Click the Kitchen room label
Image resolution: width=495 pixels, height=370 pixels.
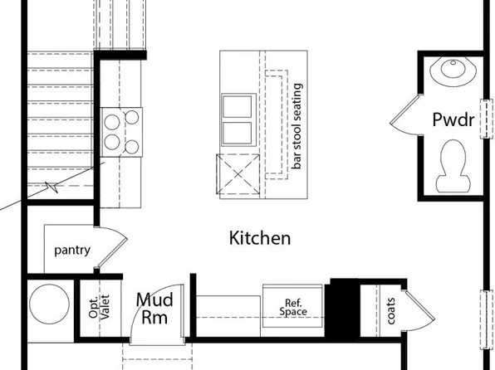[x=260, y=239]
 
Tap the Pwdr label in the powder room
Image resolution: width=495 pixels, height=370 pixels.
[x=453, y=120]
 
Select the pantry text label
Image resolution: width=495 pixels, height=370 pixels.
[x=71, y=250]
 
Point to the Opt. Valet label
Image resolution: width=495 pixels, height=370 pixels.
[x=105, y=306]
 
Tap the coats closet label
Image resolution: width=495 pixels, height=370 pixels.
[x=390, y=309]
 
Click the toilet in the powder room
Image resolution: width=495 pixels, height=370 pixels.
[x=453, y=162]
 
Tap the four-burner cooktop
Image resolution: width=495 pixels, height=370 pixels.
[x=121, y=133]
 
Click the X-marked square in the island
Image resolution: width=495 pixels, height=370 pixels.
[x=238, y=174]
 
